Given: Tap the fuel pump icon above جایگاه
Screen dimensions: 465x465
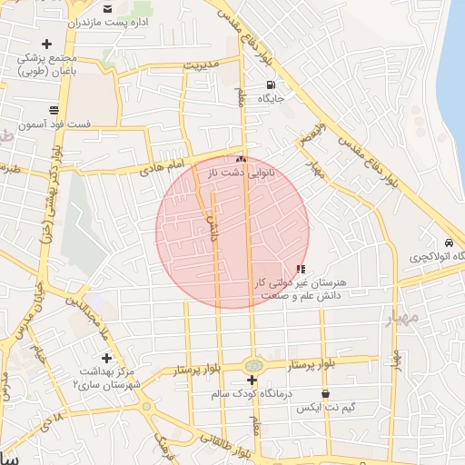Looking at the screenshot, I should pos(271,84).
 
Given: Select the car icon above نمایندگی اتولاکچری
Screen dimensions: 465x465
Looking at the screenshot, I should pos(450,243).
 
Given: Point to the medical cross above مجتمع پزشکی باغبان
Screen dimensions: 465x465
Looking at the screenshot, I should pos(46,43).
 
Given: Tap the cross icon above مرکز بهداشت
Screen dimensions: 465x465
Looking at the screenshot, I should pos(106,358).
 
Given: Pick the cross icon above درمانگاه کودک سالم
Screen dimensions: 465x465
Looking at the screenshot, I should pos(252,380).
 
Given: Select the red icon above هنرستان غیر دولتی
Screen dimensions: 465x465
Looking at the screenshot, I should pos(301,269).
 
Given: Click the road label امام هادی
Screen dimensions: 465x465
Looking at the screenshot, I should pos(163,166).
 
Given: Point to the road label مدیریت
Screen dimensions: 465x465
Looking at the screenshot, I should pos(202,65).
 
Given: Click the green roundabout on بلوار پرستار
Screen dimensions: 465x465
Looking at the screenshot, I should pos(252,364).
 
